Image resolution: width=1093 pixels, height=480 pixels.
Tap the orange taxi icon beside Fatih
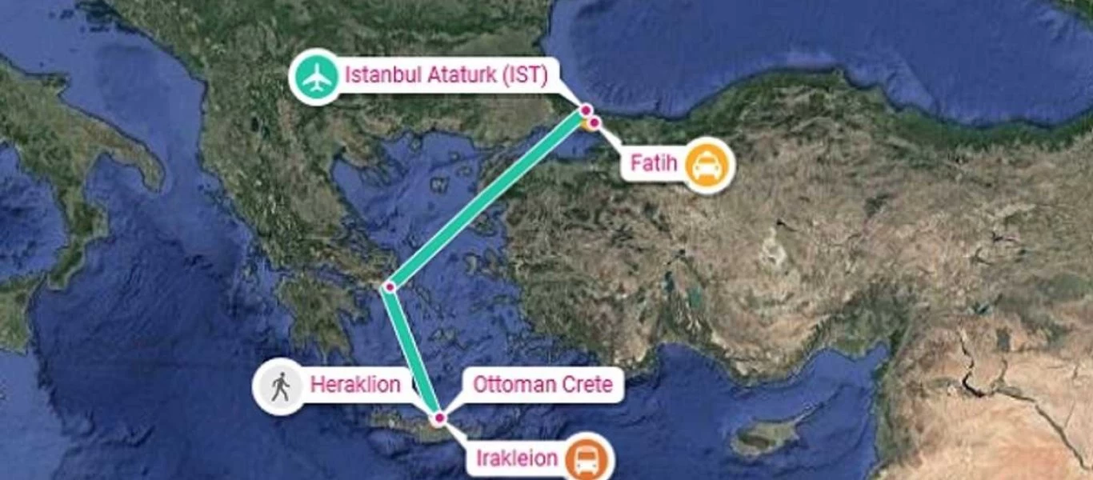click(x=707, y=166)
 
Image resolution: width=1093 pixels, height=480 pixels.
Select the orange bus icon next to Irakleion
click(x=587, y=460)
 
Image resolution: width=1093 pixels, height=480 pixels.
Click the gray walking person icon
click(x=279, y=386)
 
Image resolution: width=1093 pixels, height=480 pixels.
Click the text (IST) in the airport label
click(x=525, y=76)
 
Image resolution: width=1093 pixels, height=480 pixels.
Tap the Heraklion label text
click(x=355, y=385)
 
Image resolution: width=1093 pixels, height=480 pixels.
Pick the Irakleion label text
click(x=516, y=459)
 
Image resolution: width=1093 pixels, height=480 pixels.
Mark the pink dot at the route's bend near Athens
click(x=390, y=286)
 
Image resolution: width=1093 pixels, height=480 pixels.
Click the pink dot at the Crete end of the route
click(x=438, y=418)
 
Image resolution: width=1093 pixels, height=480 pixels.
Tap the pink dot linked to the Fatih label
click(x=595, y=122)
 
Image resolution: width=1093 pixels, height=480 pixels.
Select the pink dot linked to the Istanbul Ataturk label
click(x=586, y=110)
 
